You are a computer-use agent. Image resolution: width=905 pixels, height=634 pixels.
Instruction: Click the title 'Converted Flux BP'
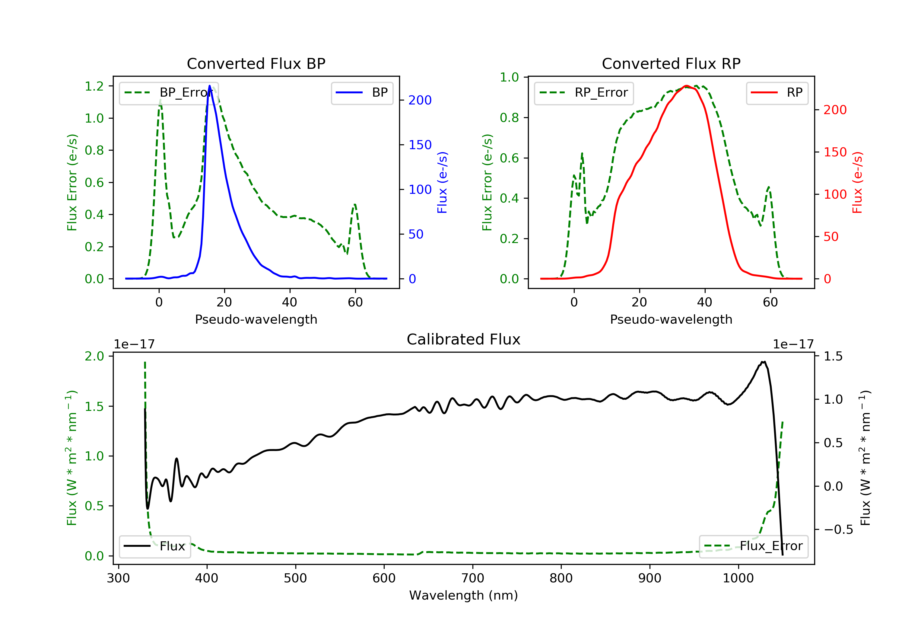coord(256,63)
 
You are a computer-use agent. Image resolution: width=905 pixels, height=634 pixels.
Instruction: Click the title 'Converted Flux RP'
coord(671,63)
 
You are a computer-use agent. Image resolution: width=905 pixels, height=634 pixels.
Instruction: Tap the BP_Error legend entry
coord(169,93)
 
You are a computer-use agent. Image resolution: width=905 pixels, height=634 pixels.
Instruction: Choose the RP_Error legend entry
coord(584,93)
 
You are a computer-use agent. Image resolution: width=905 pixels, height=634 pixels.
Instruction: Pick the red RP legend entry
coord(776,93)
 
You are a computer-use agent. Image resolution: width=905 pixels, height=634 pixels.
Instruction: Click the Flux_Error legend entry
coord(753,546)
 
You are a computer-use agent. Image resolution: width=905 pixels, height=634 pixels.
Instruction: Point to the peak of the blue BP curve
coord(209,86)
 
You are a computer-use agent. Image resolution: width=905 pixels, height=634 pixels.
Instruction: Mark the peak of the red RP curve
coord(686,86)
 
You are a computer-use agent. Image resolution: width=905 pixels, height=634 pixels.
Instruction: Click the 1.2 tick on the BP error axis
coord(94,86)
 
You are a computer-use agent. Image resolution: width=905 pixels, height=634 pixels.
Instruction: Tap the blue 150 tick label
coord(420,145)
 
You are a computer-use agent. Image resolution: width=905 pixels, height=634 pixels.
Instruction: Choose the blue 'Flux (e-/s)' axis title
coord(442,183)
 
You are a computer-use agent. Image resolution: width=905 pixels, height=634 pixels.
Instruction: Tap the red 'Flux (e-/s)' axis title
coord(857,183)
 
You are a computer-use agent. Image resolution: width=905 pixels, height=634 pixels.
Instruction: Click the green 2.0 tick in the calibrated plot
coord(94,356)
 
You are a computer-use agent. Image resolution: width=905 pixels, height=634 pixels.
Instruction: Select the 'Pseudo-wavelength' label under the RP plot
coord(671,319)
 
